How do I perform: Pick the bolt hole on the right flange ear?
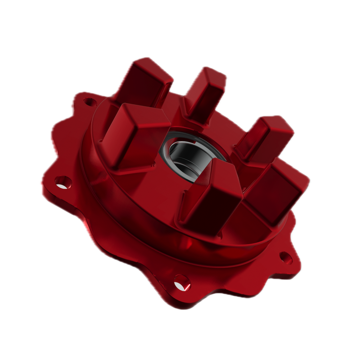coord(286,257)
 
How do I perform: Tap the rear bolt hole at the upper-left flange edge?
coord(88,102)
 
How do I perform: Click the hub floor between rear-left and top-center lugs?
coord(176,108)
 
